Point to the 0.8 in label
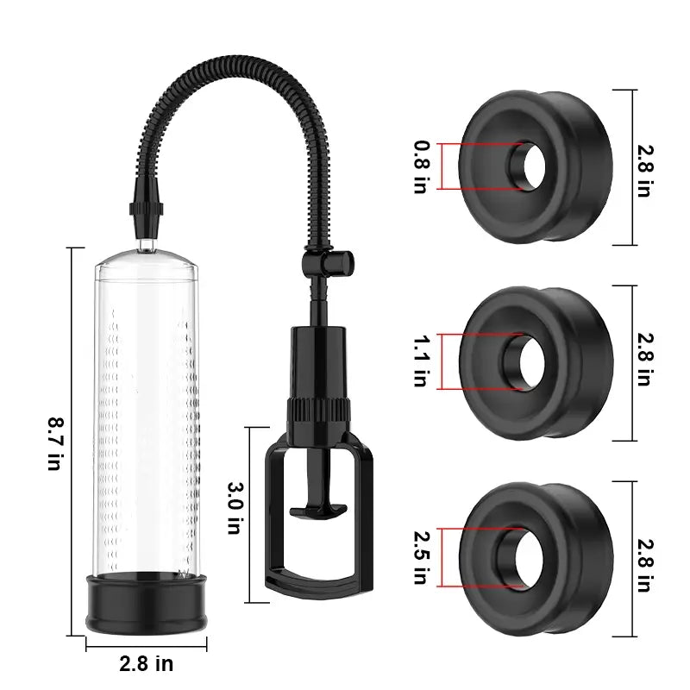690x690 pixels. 420,166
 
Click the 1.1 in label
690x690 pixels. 420,360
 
